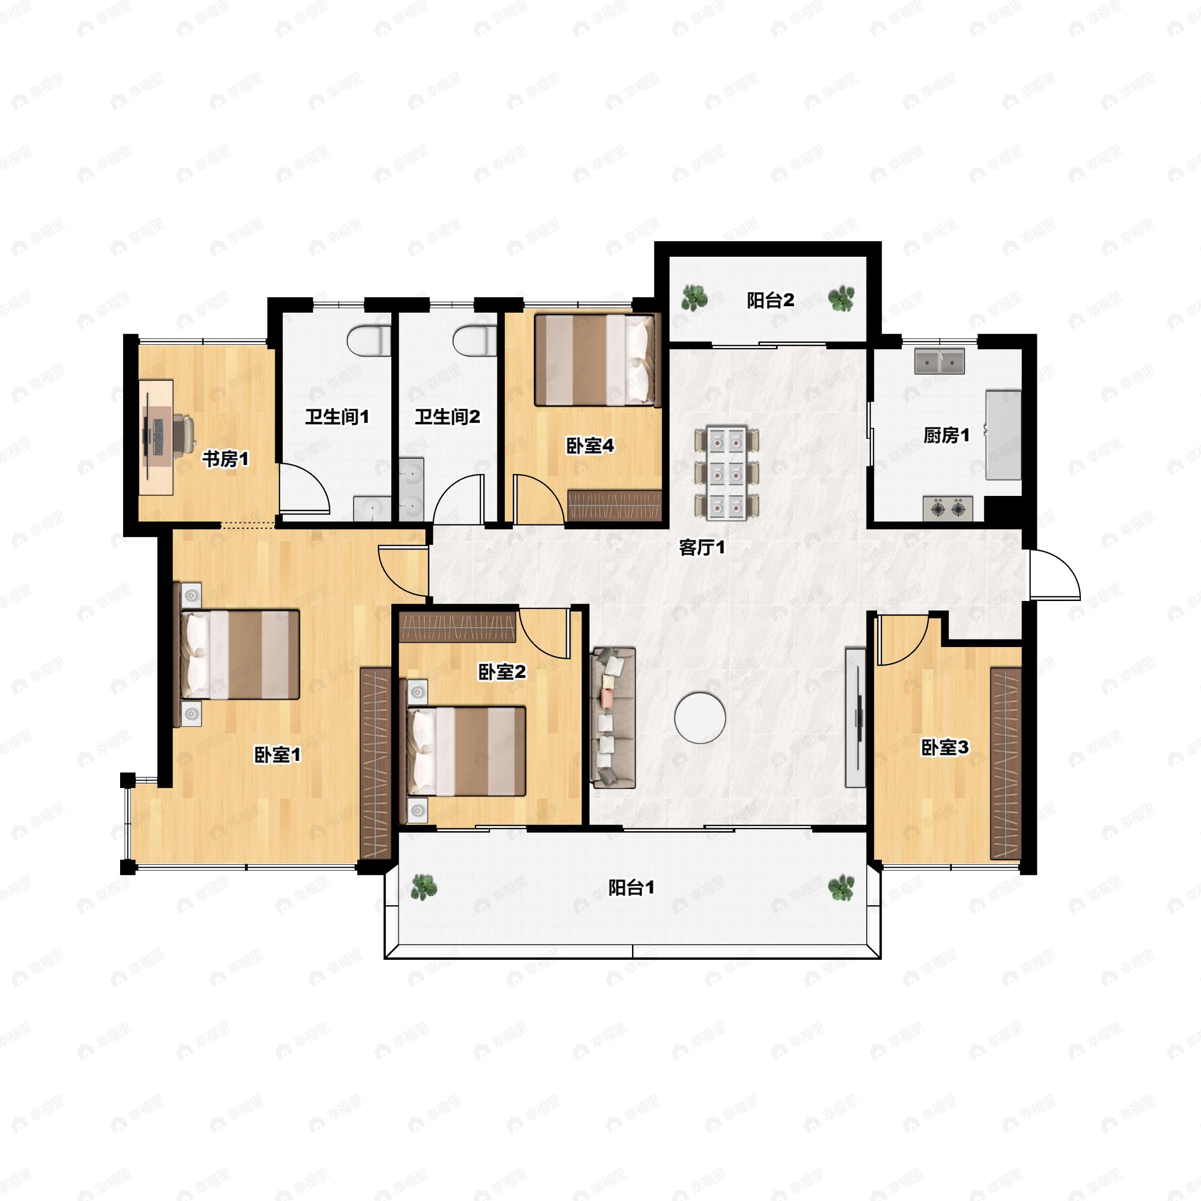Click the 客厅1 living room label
point(701,547)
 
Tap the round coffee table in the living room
point(700,718)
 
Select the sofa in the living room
point(613,718)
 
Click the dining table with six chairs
point(727,472)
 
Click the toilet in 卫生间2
point(475,341)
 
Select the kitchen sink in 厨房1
point(939,361)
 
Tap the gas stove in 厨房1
point(947,509)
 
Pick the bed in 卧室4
point(596,360)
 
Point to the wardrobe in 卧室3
point(1006,764)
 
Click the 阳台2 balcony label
point(770,301)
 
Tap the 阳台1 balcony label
point(631,888)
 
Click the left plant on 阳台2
point(694,298)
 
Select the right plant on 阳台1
point(841,887)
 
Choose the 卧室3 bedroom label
point(944,747)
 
